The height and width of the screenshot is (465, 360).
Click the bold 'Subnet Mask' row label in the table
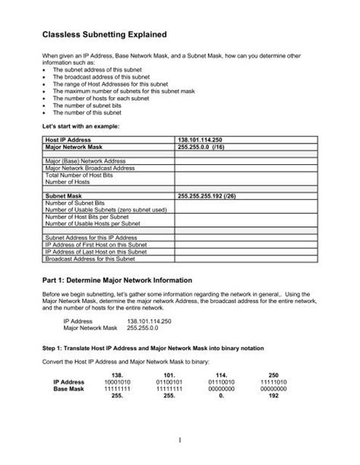point(65,196)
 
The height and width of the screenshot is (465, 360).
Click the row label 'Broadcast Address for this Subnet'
point(91,258)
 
